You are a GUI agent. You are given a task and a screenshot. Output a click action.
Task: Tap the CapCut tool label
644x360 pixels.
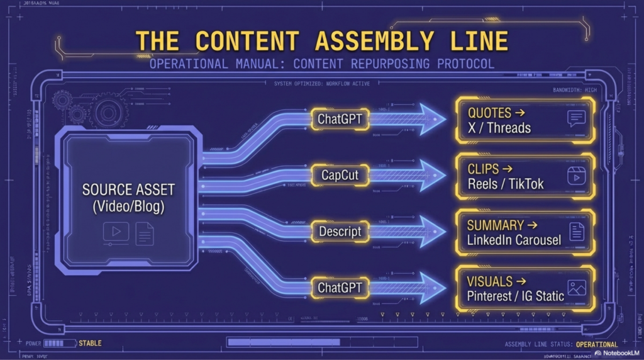(340, 175)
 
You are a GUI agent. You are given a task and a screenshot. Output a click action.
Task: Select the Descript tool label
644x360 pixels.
(340, 232)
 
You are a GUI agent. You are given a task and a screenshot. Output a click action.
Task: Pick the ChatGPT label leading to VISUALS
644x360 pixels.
(340, 288)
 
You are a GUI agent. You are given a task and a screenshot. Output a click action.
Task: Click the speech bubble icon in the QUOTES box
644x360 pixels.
(576, 119)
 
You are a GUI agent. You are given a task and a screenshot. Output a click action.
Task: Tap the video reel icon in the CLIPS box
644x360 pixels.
(576, 176)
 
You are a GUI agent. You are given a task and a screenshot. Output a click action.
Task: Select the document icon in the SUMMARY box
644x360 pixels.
(576, 232)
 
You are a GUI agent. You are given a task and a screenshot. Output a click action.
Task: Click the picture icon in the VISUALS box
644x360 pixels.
(576, 288)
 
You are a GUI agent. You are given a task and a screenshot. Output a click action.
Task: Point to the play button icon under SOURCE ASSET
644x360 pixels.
(116, 232)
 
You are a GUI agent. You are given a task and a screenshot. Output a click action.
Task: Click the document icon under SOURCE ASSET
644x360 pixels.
(145, 233)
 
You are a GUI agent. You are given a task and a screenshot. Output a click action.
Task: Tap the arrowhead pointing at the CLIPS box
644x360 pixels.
(433, 176)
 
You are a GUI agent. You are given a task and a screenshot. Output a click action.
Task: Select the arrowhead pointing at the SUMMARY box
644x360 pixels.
(433, 232)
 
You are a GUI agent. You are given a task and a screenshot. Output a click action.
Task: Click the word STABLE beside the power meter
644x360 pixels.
(90, 343)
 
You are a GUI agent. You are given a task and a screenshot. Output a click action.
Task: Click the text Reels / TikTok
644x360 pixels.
(506, 184)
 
